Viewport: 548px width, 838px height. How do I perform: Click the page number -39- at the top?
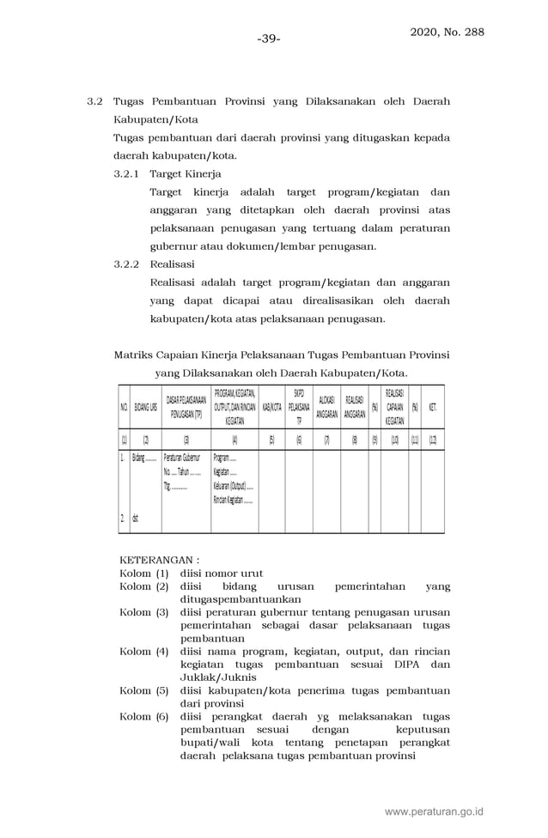[x=269, y=39]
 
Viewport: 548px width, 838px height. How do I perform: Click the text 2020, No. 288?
[x=447, y=33]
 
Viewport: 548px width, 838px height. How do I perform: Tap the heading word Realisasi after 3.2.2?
[x=172, y=264]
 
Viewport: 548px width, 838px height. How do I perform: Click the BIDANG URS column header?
[x=146, y=407]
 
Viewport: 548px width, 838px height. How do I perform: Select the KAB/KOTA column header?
[x=271, y=407]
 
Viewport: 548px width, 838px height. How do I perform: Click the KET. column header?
[x=432, y=407]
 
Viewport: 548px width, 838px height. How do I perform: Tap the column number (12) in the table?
[x=432, y=439]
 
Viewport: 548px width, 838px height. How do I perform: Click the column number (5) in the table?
[x=271, y=439]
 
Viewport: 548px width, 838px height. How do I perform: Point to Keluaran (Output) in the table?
[x=233, y=486]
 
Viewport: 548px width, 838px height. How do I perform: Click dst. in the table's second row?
[x=136, y=519]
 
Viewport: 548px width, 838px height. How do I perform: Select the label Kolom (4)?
[x=143, y=652]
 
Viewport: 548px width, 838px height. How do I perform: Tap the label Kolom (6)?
[x=143, y=717]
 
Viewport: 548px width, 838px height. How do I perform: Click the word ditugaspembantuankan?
[x=241, y=599]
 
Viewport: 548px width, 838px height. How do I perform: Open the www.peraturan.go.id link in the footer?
[x=434, y=811]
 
